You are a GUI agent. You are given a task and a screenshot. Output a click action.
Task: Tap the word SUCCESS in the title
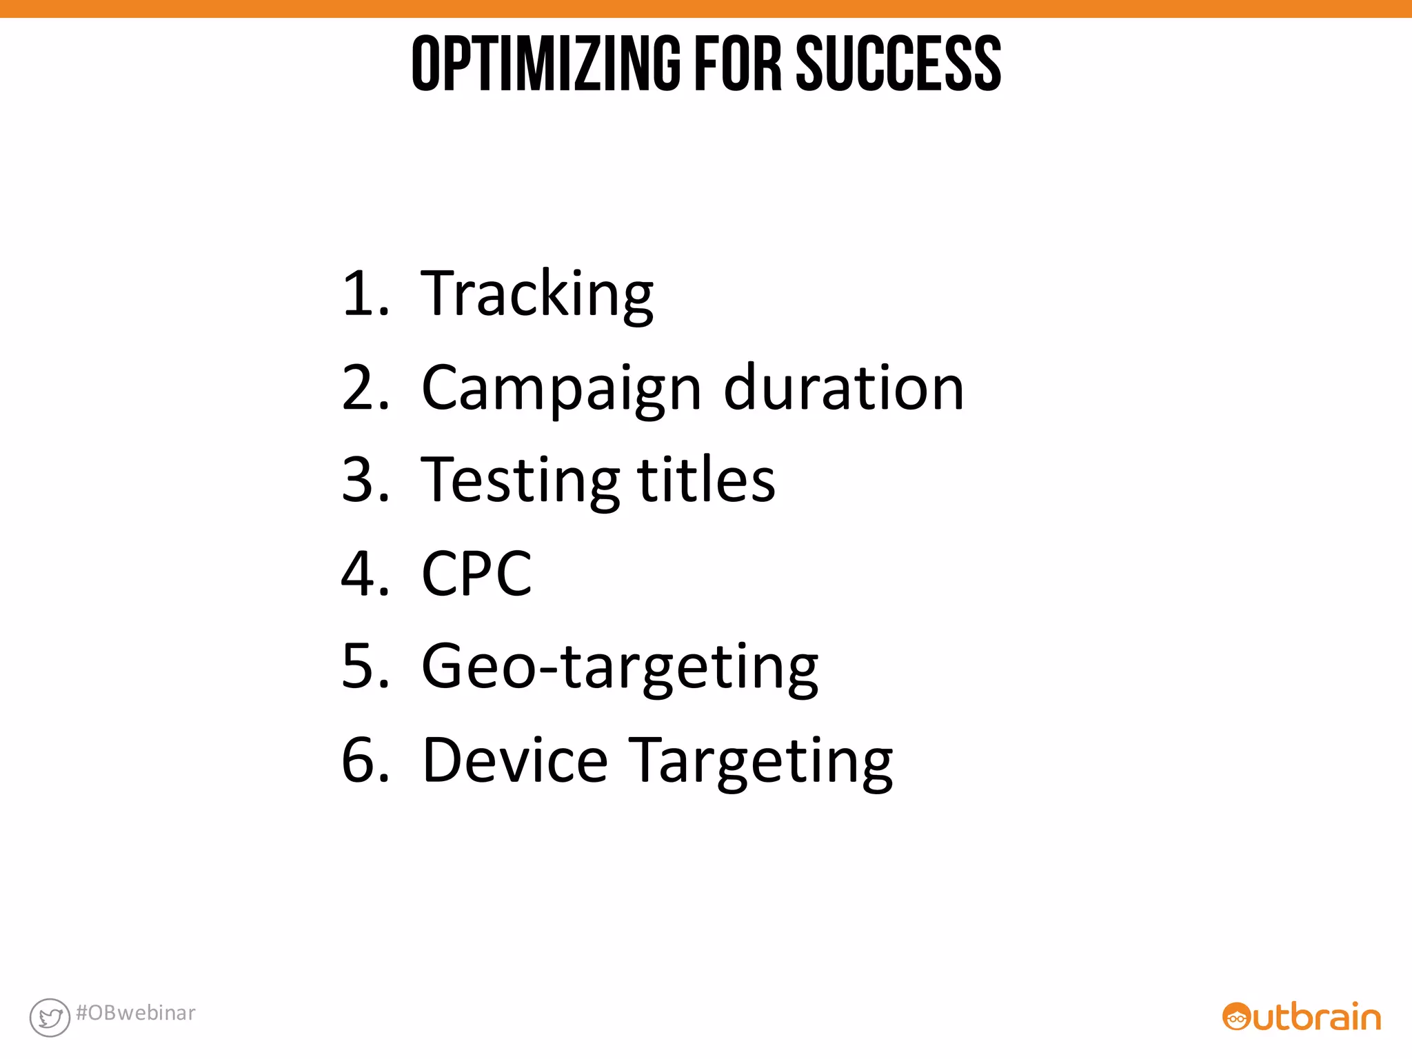coord(898,63)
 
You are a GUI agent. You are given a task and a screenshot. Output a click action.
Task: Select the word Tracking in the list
coord(536,295)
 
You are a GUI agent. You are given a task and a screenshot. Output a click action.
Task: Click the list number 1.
coord(364,295)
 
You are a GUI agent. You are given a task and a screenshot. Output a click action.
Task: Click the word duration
coord(843,388)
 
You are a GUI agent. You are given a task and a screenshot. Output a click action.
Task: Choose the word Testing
coord(520,481)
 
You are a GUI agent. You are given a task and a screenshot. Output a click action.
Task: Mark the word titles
coord(706,480)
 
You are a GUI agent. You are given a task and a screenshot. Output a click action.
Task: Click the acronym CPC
coord(476,574)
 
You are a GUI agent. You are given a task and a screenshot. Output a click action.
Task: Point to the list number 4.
coord(364,574)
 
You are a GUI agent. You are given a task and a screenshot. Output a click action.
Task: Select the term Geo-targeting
coord(619,667)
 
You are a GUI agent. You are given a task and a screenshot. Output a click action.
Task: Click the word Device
coord(514,760)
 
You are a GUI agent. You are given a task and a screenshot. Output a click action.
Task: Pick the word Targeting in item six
coord(762,762)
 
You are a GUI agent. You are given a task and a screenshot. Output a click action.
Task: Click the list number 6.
coord(364,760)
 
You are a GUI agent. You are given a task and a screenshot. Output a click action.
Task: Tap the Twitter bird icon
coord(50,1017)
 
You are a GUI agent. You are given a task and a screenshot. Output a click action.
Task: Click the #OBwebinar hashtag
coord(136,1013)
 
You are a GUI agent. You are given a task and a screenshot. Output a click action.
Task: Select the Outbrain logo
coord(1301,1017)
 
